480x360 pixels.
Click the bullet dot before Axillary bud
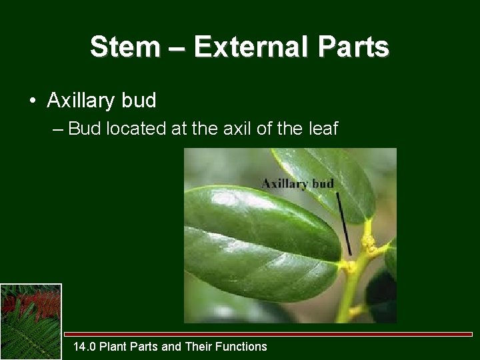32,101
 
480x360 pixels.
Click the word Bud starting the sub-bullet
83,128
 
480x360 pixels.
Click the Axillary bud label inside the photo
297,183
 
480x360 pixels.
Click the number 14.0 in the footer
84,346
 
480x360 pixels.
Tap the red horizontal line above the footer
267,333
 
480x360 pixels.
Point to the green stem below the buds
347,300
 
